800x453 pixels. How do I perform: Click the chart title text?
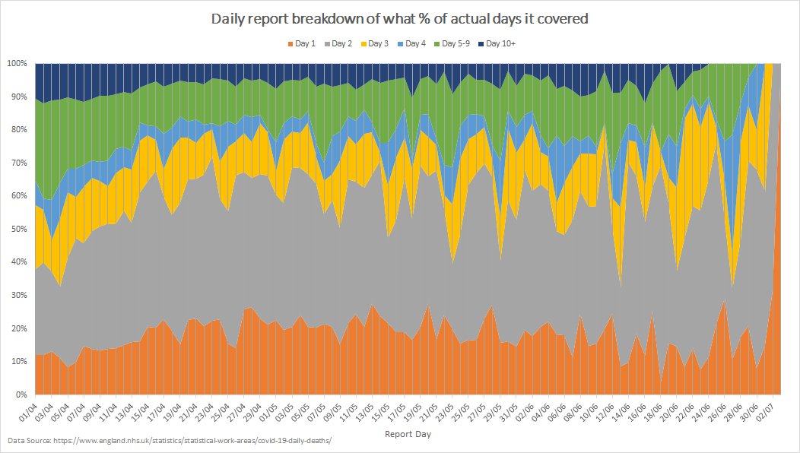click(x=400, y=19)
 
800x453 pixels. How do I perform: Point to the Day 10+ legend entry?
click(x=498, y=43)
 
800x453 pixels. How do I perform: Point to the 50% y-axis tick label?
click(x=19, y=229)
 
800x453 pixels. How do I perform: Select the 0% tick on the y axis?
click(x=21, y=395)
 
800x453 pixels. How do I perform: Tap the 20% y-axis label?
click(x=19, y=328)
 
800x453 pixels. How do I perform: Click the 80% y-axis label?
click(x=19, y=129)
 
